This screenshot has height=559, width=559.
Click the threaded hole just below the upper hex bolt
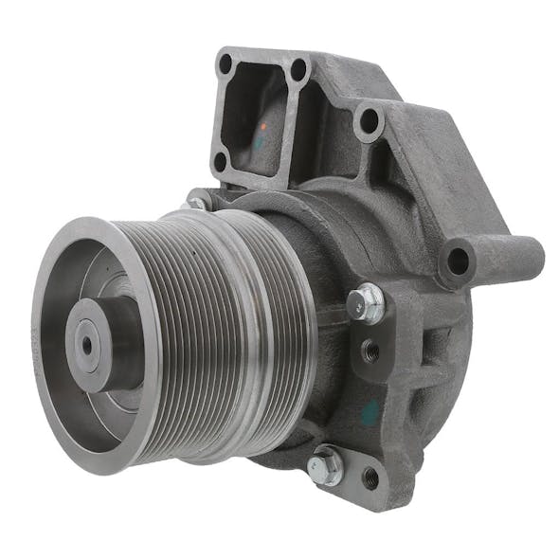click(x=369, y=351)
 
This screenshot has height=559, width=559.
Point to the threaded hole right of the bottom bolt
click(x=370, y=478)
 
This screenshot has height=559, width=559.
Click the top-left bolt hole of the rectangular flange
click(x=225, y=64)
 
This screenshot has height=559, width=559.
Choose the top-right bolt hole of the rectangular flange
click(x=299, y=69)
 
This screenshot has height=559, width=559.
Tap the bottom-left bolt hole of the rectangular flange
click(x=220, y=161)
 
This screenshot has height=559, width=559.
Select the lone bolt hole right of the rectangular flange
click(x=369, y=122)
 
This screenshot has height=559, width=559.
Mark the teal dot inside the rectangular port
click(x=259, y=141)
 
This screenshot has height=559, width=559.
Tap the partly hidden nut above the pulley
click(x=199, y=201)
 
